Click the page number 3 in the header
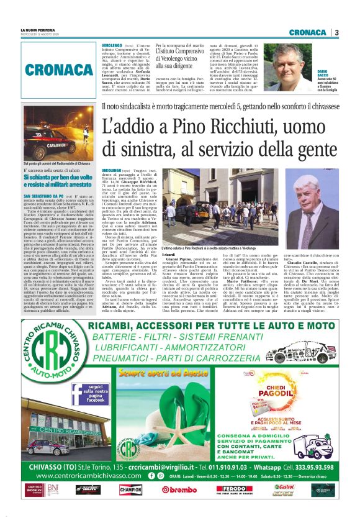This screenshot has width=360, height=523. pos(336,32)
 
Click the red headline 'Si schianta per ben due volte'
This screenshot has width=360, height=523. pos(57,178)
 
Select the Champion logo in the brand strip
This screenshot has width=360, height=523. pos(130,489)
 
